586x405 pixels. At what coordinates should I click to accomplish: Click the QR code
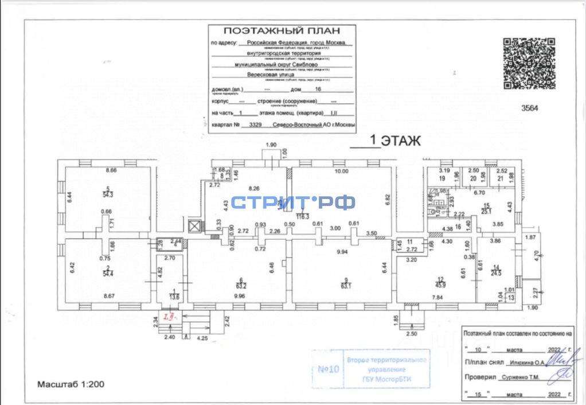pos(529,64)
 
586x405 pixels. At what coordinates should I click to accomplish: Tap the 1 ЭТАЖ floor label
pos(395,140)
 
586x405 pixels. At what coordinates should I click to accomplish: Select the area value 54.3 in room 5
pos(108,195)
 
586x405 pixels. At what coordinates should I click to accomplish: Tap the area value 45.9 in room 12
pos(440,268)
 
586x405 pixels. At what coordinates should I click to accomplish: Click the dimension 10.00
pos(341,172)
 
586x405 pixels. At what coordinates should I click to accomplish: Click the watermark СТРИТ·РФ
pos(293,202)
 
